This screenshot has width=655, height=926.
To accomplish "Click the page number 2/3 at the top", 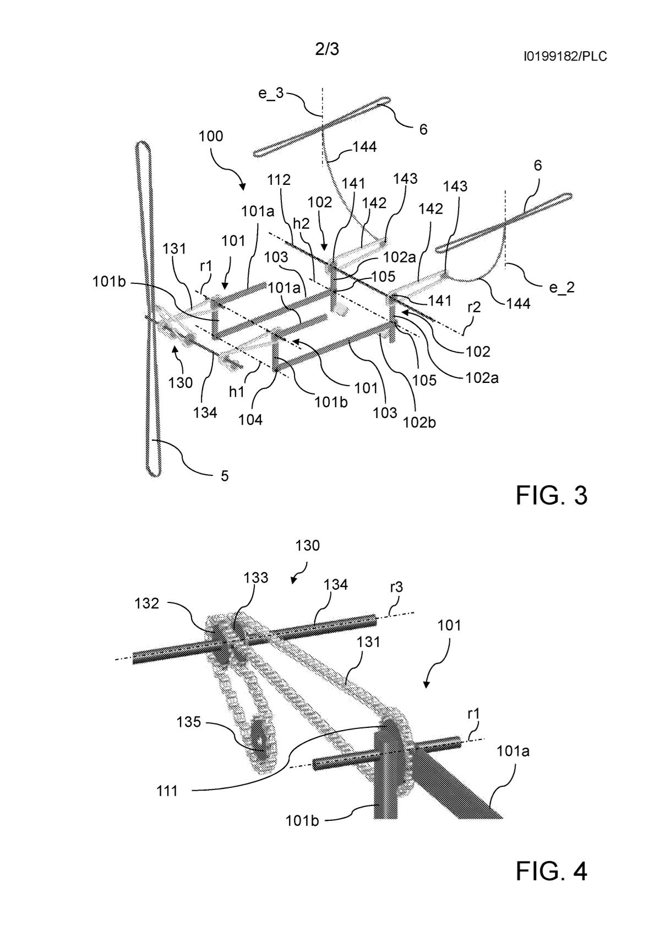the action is click(327, 49).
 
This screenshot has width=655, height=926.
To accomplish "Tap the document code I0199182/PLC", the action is click(565, 56).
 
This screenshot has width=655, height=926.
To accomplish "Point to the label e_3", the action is click(271, 93).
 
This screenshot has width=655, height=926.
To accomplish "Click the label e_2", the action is click(562, 287).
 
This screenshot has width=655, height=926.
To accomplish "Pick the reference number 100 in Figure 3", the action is click(211, 136).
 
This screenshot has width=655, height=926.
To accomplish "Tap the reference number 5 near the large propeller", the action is click(225, 476).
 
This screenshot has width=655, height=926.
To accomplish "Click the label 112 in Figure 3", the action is click(279, 179).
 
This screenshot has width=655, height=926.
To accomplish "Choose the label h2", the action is click(301, 223).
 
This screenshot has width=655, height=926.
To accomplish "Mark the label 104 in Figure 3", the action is click(250, 420).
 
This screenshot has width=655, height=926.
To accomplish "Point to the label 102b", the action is click(419, 423).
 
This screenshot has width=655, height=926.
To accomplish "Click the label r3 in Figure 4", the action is click(396, 587).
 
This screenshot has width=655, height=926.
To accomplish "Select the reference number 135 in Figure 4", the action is click(189, 722).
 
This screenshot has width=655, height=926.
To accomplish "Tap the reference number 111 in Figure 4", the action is click(167, 791).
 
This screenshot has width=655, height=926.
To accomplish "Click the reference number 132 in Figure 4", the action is click(147, 604).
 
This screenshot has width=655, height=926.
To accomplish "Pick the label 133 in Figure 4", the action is click(256, 578).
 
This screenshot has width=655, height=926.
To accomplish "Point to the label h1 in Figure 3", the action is click(237, 392).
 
